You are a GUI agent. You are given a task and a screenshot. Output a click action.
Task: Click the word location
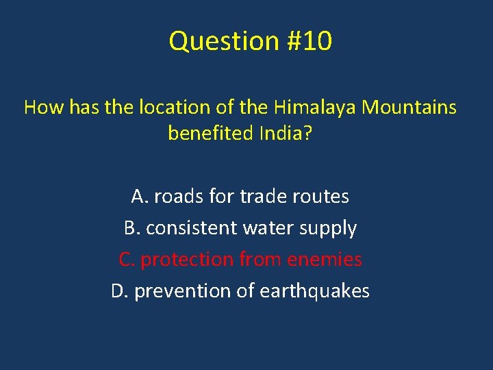[170, 108]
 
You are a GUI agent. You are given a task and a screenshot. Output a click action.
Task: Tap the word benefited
[210, 133]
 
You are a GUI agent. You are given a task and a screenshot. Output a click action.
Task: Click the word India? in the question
[285, 133]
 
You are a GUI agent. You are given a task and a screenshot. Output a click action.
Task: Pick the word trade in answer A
[264, 197]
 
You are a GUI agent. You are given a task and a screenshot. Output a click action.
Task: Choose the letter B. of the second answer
[131, 228]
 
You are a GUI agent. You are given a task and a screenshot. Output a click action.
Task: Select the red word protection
[187, 260]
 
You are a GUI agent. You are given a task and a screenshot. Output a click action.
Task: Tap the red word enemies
[325, 260]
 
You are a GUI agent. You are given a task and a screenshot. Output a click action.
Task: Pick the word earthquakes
[314, 292]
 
